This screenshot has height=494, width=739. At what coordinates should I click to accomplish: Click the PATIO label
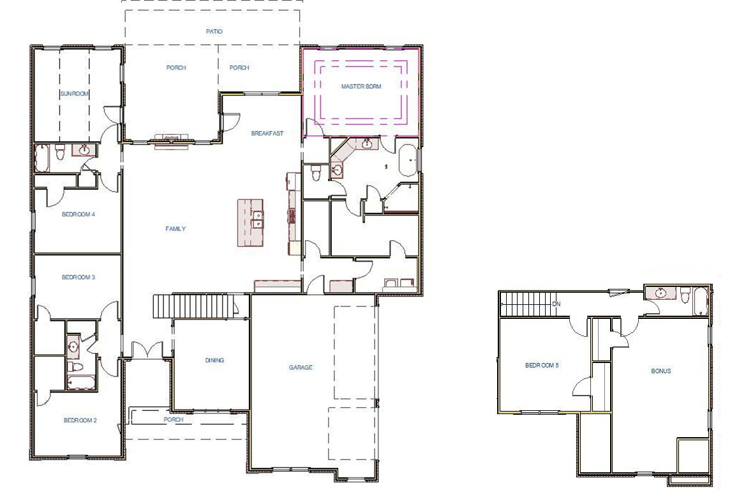(214, 31)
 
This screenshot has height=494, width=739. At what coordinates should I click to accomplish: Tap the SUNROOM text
(75, 93)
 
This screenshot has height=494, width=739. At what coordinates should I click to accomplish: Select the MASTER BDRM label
(361, 86)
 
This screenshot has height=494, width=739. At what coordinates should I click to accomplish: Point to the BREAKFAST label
(267, 134)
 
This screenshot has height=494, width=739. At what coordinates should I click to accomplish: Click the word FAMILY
(175, 229)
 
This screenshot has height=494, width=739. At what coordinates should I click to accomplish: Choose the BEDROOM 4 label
(78, 214)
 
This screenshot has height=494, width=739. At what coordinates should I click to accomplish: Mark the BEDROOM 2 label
(80, 420)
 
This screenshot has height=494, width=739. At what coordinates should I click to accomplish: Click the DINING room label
(214, 360)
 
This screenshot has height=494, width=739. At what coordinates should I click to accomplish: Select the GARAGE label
(300, 367)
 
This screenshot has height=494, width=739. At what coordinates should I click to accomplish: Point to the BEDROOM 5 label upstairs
(541, 366)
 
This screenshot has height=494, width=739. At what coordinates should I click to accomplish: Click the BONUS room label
(661, 371)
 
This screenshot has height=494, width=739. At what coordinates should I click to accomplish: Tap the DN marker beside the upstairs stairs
(556, 304)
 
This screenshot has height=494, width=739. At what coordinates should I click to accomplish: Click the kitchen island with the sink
(251, 222)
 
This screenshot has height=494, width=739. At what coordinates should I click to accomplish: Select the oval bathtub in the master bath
(407, 160)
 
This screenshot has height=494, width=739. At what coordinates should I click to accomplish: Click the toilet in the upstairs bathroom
(685, 295)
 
